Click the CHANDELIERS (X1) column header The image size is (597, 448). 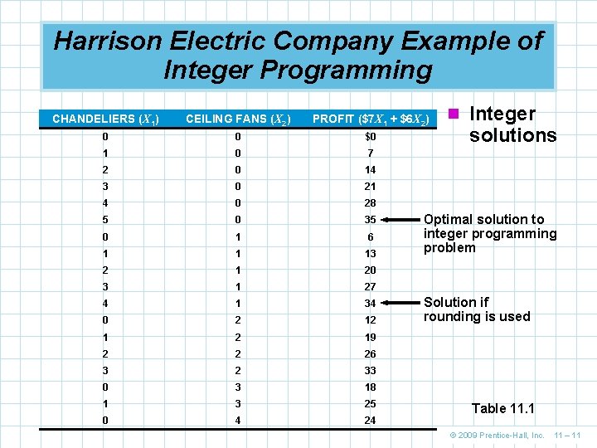click(104, 119)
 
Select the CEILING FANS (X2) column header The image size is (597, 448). click(237, 119)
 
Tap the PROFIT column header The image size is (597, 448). click(370, 119)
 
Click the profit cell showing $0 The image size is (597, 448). click(370, 136)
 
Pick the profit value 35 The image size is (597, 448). click(370, 220)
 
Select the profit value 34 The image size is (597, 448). click(370, 303)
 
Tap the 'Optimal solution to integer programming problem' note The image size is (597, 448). click(489, 233)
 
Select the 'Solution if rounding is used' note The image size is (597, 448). click(476, 309)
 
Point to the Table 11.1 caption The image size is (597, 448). click(502, 408)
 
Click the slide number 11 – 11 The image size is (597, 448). click(569, 435)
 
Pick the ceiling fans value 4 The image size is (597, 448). click(237, 420)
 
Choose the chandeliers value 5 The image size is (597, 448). click(104, 220)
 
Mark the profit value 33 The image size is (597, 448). click(370, 370)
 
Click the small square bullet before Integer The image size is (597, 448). click(454, 114)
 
